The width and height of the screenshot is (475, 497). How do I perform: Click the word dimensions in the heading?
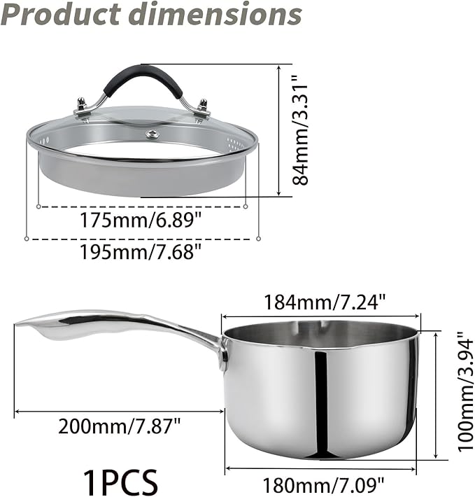tap(214, 15)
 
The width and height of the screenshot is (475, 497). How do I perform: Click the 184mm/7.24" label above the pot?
tap(325, 302)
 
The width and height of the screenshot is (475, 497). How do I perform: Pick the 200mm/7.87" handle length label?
tap(120, 424)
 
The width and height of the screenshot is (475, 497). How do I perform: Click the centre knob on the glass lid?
tap(150, 133)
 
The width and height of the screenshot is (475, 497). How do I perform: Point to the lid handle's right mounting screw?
tap(203, 106)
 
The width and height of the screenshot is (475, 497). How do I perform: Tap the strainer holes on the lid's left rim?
tap(45, 141)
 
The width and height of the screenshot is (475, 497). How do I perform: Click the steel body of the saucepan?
tap(322, 399)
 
